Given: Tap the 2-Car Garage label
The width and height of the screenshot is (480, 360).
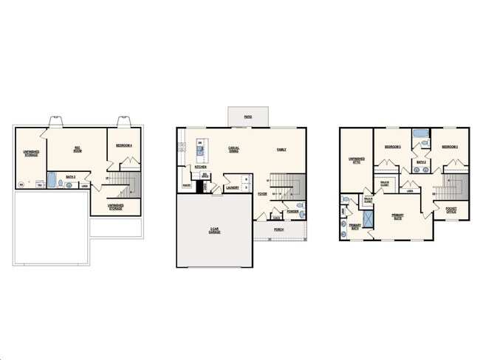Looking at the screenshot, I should pos(213,231).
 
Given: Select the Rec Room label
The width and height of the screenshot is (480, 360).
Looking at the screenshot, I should pos(77,149).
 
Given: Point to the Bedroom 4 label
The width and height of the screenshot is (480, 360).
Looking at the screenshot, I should pos(123,145).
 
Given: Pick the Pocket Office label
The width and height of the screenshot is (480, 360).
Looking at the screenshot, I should pos(451,210).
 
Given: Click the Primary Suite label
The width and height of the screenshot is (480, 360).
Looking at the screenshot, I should pos(402,216).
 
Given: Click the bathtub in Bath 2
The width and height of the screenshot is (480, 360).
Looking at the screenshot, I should pos(420,134).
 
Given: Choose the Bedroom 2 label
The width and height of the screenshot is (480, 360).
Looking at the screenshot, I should pos(450,147).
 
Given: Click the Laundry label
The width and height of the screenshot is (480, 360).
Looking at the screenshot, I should pos(231,187).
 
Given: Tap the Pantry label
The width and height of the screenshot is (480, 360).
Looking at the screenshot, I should pos(186,185).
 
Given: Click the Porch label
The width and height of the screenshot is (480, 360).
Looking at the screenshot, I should pos(278,229).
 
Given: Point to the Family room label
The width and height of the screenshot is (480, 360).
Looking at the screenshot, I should pos(281,150).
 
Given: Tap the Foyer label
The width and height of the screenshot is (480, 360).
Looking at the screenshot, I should pos(262,194).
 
